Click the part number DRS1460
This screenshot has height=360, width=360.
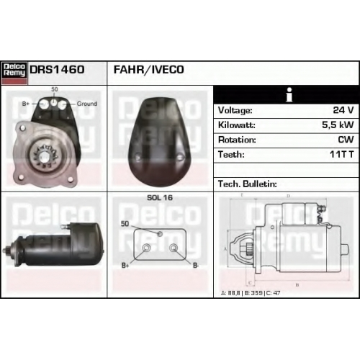click(x=57, y=70)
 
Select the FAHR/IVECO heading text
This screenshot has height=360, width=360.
click(x=148, y=70)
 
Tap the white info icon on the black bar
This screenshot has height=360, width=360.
click(x=289, y=94)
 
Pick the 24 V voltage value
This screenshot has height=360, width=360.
click(x=343, y=110)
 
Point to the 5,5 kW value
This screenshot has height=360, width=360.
click(x=338, y=125)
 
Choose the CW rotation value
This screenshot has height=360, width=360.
click(x=346, y=140)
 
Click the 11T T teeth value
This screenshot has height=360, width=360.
click(x=342, y=154)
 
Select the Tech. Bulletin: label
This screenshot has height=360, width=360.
click(x=248, y=184)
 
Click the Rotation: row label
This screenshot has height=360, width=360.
click(x=237, y=140)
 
